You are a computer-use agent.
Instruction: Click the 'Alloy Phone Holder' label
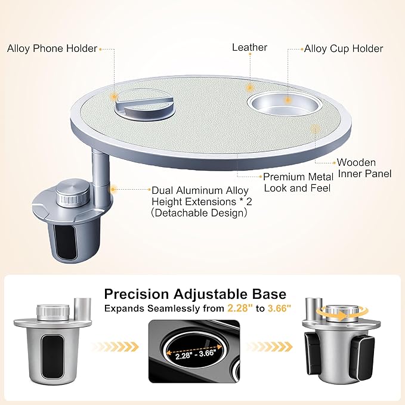pyautogui.click(x=52, y=48)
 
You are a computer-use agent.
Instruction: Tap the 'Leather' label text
pyautogui.click(x=249, y=47)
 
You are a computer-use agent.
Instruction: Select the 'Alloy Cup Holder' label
pyautogui.click(x=344, y=48)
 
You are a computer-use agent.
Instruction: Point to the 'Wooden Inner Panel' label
pyautogui.click(x=364, y=168)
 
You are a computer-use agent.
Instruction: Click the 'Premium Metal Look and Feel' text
pyautogui.click(x=298, y=183)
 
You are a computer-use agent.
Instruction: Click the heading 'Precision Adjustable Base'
pyautogui.click(x=195, y=294)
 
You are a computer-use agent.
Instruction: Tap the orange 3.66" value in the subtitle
pyautogui.click(x=280, y=308)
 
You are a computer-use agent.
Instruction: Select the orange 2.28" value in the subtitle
pyautogui.click(x=239, y=308)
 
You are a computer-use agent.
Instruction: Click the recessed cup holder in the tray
pyautogui.click(x=285, y=104)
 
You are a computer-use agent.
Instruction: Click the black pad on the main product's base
pyautogui.click(x=65, y=241)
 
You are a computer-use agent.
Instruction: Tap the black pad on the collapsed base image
pyautogui.click(x=52, y=356)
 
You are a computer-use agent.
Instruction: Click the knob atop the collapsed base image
pyautogui.click(x=53, y=311)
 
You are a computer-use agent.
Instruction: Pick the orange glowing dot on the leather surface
pyautogui.click(x=249, y=88)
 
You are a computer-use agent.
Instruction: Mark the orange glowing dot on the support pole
pyautogui.click(x=113, y=189)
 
